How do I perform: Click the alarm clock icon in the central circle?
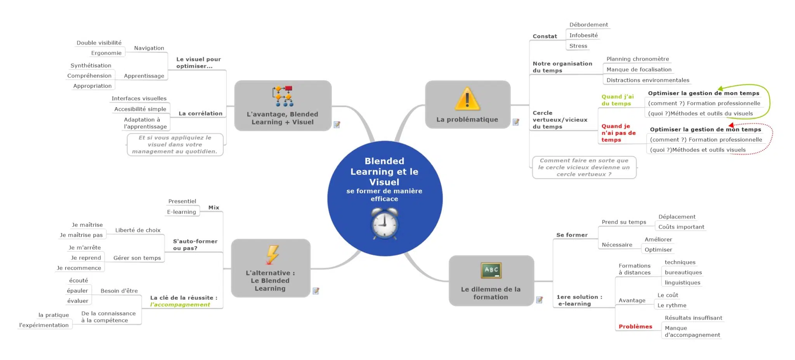pos(384,223)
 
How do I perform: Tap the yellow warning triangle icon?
pos(467,99)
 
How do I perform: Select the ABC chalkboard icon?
pos(491,270)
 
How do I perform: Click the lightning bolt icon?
pos(272,254)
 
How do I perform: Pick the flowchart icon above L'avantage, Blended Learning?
pos(283,96)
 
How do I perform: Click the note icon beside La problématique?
pos(516,122)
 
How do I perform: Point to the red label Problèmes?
pos(635,327)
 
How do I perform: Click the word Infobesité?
pos(583,35)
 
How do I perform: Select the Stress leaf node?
pos(578,46)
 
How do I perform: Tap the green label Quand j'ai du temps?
pos(618,100)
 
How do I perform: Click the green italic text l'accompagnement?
pos(180,304)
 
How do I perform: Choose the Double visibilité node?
pos(99,43)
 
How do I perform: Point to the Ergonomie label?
pos(106,53)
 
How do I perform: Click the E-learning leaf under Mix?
pos(181,212)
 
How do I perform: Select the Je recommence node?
pos(79,268)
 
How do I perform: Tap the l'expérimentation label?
pos(44,325)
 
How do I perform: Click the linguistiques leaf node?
pos(682,283)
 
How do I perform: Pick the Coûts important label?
pos(681,227)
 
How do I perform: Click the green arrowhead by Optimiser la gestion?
pos(720,89)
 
